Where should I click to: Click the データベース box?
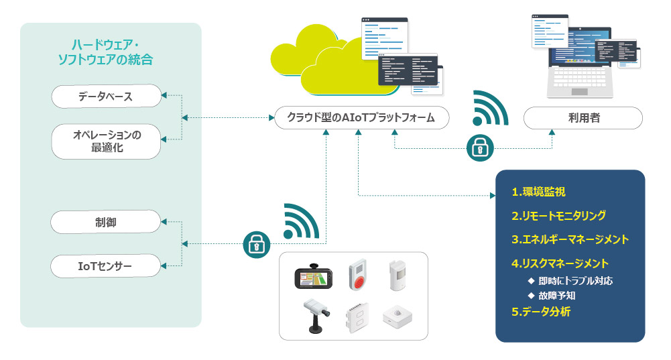106,97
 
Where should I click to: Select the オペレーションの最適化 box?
106,141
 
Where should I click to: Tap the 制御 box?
106,222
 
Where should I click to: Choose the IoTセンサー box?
105,266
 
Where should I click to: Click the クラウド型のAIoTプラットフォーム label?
361,117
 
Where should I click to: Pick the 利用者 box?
583,118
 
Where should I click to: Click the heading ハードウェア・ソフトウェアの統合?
106,52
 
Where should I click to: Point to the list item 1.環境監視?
538,192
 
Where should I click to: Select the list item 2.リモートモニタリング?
558,215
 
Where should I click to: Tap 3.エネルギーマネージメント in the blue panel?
570,239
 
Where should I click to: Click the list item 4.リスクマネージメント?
560,263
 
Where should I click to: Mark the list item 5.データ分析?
541,312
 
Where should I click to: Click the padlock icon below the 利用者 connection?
480,148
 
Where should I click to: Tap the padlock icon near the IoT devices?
256,245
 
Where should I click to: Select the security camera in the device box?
316,316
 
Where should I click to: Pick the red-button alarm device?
358,274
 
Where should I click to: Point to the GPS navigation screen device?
313,276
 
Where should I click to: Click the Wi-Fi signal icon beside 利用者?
490,108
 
